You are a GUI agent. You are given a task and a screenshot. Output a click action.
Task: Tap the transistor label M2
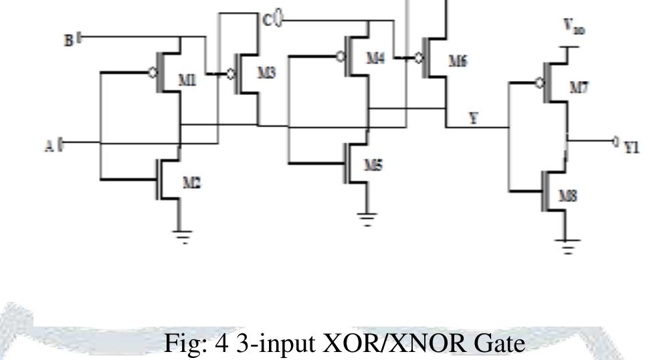pyautogui.click(x=192, y=183)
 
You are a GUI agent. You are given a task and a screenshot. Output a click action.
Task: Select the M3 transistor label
pyautogui.click(x=267, y=72)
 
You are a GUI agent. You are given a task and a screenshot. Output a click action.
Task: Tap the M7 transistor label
pyautogui.click(x=575, y=88)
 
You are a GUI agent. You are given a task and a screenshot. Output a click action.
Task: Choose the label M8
pyautogui.click(x=569, y=195)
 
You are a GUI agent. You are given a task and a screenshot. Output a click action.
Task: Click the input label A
pyautogui.click(x=50, y=145)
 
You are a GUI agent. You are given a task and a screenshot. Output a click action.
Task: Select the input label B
pyautogui.click(x=68, y=40)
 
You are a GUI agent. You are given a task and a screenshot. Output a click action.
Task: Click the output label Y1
pyautogui.click(x=631, y=148)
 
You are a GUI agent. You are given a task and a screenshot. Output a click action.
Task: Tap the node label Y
pyautogui.click(x=474, y=118)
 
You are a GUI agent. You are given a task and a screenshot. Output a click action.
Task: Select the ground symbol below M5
pyautogui.click(x=367, y=219)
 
